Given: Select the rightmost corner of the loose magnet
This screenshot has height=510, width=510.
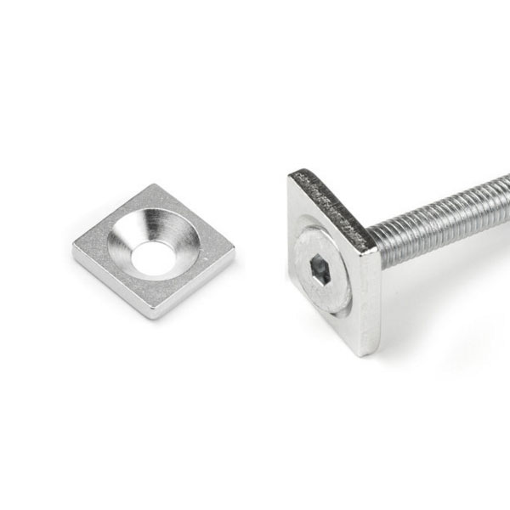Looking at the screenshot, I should click(234, 252).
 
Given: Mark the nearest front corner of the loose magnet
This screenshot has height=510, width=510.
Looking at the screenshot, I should click(152, 315).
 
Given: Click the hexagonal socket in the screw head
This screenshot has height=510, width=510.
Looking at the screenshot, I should click(321, 271).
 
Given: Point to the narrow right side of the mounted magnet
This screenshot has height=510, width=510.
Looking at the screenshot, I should click(369, 297).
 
